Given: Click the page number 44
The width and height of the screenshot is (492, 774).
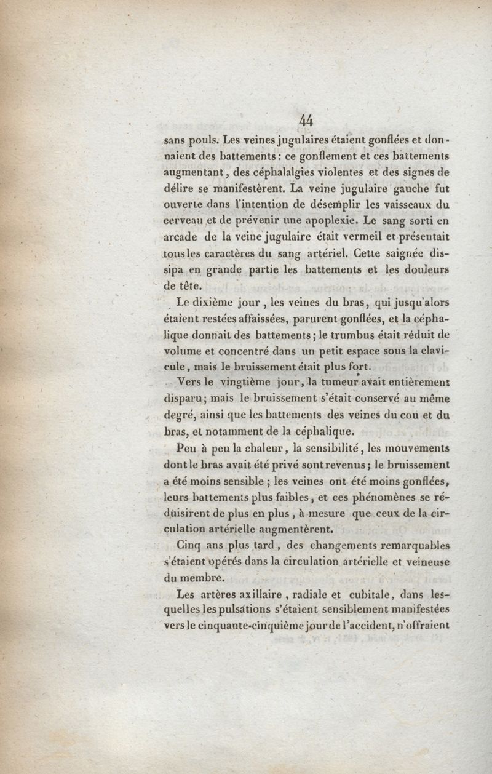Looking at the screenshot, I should pos(304,121).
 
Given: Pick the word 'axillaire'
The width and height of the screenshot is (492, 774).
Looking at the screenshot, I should pos(258,594).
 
